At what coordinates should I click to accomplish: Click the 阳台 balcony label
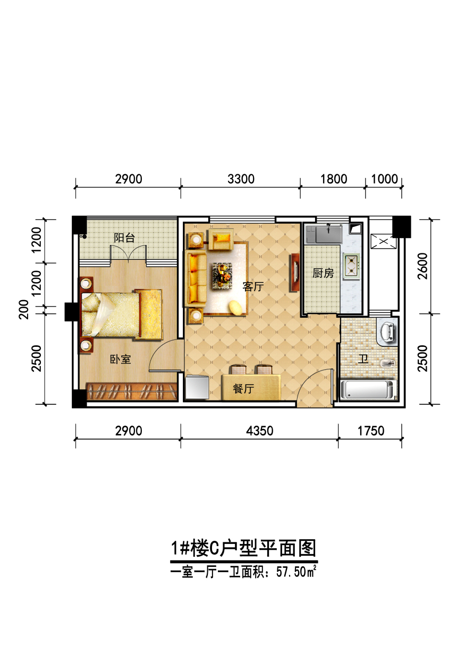click(124, 238)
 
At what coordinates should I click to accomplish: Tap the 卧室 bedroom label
click(121, 359)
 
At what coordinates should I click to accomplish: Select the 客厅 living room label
click(253, 286)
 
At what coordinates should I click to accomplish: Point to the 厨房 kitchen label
click(323, 273)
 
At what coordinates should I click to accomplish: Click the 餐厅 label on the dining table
click(243, 388)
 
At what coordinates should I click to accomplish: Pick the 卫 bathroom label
click(363, 359)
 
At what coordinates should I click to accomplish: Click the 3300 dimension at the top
click(241, 179)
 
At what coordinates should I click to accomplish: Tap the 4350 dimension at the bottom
click(260, 431)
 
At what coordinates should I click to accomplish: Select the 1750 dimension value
click(371, 431)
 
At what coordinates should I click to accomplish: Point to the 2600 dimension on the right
click(422, 266)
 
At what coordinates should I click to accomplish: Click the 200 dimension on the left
click(24, 309)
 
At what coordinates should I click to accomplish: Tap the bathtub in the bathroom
click(368, 390)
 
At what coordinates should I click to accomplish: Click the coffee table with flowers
click(222, 275)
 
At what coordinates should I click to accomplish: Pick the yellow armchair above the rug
click(221, 239)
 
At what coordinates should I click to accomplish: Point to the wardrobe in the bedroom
click(132, 392)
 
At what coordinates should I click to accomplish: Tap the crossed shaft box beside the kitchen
click(384, 241)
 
